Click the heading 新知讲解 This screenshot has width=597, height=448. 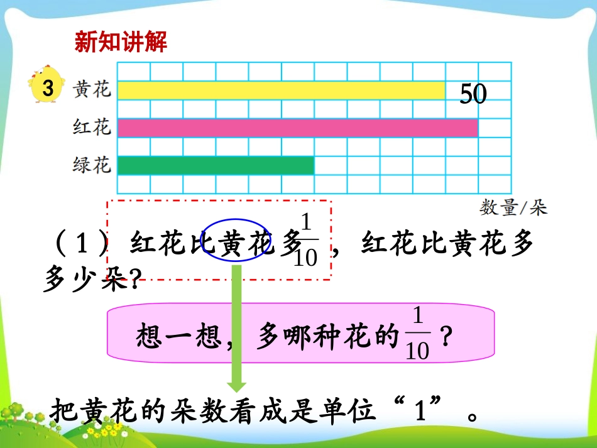[121, 43]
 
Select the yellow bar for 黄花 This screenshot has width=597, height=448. [281, 90]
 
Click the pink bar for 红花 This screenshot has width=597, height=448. [297, 128]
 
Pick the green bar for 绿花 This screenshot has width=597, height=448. [216, 165]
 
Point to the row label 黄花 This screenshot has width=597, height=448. [92, 89]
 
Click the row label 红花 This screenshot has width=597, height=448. [92, 128]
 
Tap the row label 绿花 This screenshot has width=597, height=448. [92, 166]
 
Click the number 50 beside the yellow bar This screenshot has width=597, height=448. [473, 94]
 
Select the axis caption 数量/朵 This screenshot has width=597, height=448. [513, 207]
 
